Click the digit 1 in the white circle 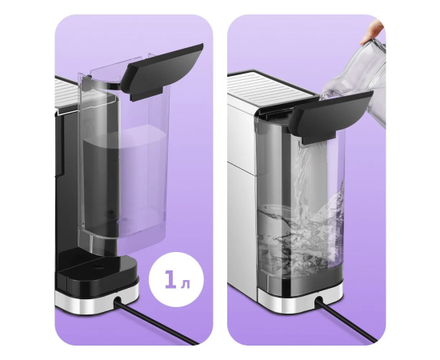point(170,279)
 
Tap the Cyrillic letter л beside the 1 point(186,284)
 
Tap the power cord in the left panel point(156,322)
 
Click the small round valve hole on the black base point(98,267)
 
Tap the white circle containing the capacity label point(177,279)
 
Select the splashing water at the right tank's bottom point(300,238)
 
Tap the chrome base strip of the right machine point(300,301)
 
